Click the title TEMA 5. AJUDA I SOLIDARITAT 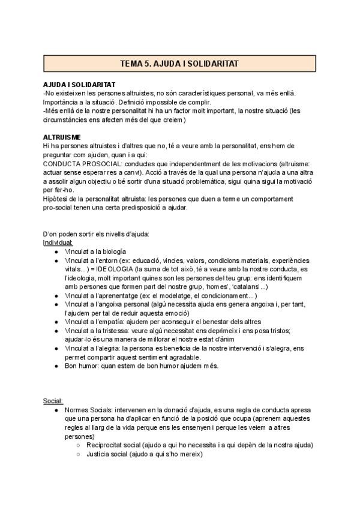(179, 63)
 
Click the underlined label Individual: (58, 242)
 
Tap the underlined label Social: (53, 400)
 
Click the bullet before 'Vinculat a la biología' (56, 252)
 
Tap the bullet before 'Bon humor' (56, 366)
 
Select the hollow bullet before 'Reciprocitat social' (79, 445)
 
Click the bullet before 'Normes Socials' (56, 409)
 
